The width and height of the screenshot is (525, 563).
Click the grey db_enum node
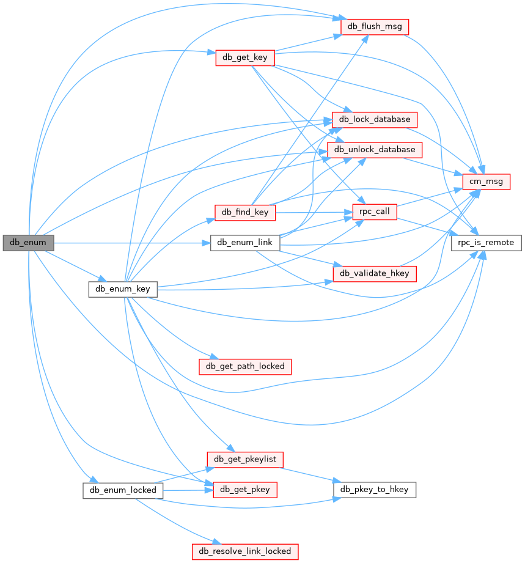28,243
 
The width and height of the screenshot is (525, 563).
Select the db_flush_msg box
375,27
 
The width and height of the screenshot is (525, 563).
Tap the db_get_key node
244,57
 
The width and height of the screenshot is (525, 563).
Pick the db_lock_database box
375,119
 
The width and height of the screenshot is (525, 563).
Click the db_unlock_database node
375,149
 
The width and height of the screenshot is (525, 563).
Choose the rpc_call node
375,212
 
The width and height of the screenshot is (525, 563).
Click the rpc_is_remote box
486,243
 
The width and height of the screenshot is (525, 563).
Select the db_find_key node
244,212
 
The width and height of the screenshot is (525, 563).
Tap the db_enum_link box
245,243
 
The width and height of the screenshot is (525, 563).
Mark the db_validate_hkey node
375,273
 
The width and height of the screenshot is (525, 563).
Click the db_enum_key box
123,289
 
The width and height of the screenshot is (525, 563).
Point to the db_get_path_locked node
245,366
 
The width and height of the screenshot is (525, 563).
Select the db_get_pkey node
245,489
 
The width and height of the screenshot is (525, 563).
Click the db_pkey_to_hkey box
375,489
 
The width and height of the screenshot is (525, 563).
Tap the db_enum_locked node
123,490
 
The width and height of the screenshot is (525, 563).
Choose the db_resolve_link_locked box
245,551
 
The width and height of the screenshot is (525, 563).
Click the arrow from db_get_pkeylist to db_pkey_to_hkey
309,474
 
